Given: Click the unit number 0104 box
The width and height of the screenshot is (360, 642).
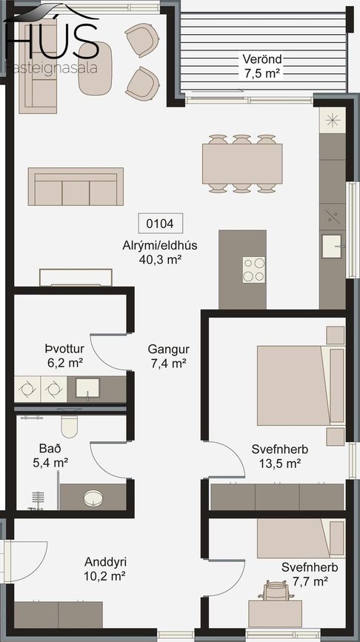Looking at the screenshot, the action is coord(161,224).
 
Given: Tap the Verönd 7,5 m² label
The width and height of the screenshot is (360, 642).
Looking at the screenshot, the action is coord(261,66).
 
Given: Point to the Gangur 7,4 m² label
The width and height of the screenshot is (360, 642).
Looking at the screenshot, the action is coord(169,356).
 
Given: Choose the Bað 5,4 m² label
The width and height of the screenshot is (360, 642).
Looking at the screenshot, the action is coord(50,455).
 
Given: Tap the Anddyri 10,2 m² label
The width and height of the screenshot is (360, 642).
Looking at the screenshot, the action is coord(104,569).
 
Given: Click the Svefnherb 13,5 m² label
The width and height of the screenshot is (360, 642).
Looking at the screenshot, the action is coord(280,457).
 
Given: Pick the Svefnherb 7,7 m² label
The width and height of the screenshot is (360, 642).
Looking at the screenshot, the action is coord(310,574).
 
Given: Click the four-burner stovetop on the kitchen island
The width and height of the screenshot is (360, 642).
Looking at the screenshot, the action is coord(254,270).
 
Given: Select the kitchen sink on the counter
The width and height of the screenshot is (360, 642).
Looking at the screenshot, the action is coord(332,246).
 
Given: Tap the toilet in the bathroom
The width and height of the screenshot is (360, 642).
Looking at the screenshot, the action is coord(69,424).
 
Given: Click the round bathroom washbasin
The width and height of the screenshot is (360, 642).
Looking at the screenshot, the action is coord(93,498).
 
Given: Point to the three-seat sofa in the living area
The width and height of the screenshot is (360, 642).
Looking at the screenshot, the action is coord(76,187).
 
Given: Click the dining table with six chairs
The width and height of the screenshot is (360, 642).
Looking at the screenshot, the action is coord(242,164).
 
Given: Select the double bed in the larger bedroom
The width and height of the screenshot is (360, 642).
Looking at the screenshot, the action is coord(301,385).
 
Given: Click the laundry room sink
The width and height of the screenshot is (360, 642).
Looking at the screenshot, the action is coord(87,388).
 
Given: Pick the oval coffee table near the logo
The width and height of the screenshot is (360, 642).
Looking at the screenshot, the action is coord(95,68).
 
